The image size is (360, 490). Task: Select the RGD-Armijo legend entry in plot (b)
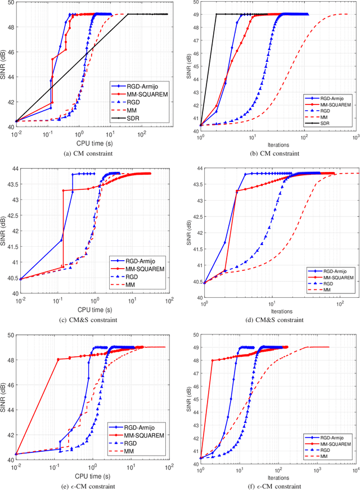tap(330, 98)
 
